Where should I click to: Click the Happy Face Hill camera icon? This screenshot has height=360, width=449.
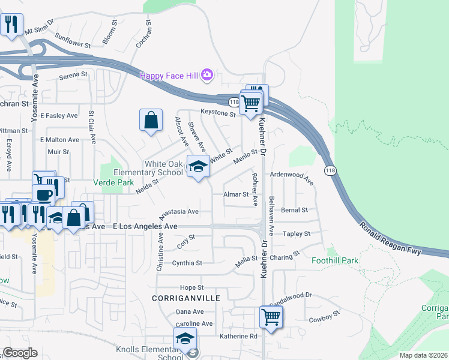point(207,75)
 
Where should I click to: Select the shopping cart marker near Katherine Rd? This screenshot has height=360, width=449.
point(271,317)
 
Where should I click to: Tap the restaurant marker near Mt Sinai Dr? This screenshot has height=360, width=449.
point(11,25)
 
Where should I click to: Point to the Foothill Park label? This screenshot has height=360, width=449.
point(334,260)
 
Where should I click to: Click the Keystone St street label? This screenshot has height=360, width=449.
point(218,113)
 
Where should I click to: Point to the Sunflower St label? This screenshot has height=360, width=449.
point(72,44)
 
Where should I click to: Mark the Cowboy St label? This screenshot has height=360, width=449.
point(325,316)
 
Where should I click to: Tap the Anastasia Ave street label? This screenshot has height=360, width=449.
point(178,212)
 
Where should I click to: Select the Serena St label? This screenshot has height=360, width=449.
point(73,76)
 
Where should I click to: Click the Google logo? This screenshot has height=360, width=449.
point(20,353)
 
